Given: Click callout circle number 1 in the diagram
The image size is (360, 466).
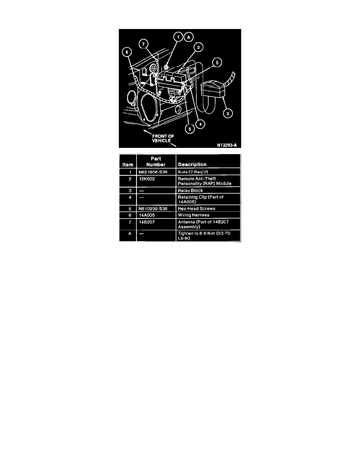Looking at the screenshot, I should pos(178,37).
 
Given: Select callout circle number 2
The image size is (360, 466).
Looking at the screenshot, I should pos(199,48).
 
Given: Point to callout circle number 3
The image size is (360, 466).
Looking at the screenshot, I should pos(227,114).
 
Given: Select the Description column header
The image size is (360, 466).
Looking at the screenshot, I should pos(192,164).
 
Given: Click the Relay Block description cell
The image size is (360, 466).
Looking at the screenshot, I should pos(191,190).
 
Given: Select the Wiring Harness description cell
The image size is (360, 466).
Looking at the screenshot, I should pos(194,215).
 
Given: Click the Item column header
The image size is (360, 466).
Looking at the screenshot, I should pos(128,164).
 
